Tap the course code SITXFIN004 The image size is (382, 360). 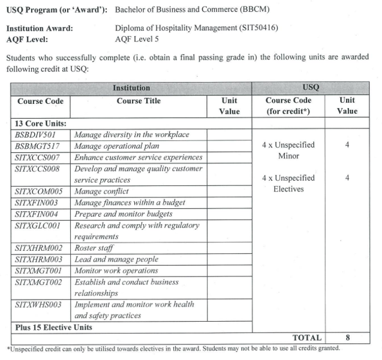pyautogui.click(x=38, y=214)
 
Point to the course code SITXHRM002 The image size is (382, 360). pyautogui.click(x=39, y=248)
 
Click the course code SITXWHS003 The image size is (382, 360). pyautogui.click(x=38, y=305)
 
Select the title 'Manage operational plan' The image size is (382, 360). pyautogui.click(x=117, y=146)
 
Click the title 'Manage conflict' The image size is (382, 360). pyautogui.click(x=101, y=191)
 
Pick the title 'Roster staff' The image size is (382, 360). pyautogui.click(x=94, y=248)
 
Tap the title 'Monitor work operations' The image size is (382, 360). pyautogui.click(x=116, y=271)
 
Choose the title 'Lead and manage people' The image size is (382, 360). pyautogui.click(x=116, y=259)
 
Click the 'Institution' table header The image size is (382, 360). pyautogui.click(x=131, y=88)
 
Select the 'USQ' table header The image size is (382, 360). pyautogui.click(x=311, y=88)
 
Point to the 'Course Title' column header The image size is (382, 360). pyautogui.click(x=139, y=101)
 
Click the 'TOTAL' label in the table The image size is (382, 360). pyautogui.click(x=306, y=338)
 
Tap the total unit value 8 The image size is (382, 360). pyautogui.click(x=347, y=338)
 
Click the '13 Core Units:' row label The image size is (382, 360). pyautogui.click(x=41, y=123)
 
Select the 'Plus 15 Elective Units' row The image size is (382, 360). pyautogui.click(x=53, y=328)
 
